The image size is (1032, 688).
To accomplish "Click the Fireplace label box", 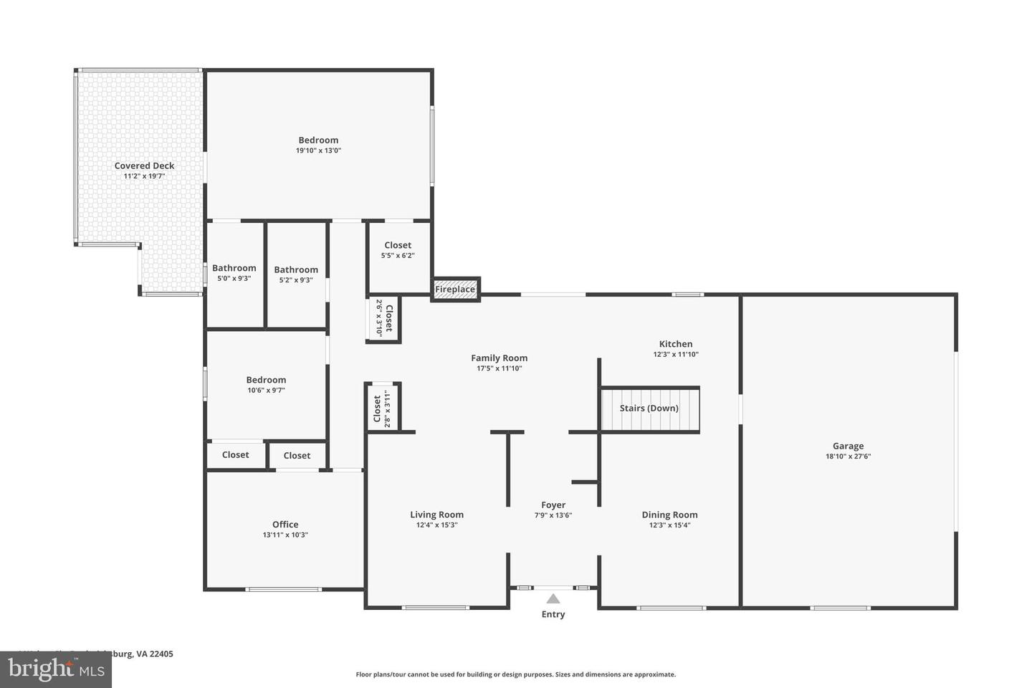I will [455, 289].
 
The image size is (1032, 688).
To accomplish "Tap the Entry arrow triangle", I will [553, 599].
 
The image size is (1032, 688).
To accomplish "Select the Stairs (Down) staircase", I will [649, 409].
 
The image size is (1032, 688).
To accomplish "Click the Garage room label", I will [848, 446].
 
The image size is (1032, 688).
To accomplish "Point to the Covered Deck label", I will [144, 166].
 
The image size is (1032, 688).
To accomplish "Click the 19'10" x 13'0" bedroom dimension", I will [318, 151].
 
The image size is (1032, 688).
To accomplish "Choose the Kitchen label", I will [676, 344].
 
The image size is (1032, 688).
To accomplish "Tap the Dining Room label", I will [669, 515].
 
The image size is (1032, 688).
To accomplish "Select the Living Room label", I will [436, 515].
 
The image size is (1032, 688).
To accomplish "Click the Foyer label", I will [553, 505].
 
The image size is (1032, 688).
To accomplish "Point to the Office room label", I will [285, 525].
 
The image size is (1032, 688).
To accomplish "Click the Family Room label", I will [500, 358].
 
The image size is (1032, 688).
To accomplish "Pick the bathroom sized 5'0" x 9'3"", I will [234, 273].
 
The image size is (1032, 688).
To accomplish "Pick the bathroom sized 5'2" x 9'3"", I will [296, 274].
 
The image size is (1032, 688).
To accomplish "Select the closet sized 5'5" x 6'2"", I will [398, 250].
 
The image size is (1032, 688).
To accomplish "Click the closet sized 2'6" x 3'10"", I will [384, 318].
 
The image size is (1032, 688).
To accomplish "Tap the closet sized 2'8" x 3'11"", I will [382, 408].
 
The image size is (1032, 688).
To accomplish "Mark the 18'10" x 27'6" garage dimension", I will [848, 457].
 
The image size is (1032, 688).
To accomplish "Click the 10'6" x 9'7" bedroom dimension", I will [266, 391].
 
